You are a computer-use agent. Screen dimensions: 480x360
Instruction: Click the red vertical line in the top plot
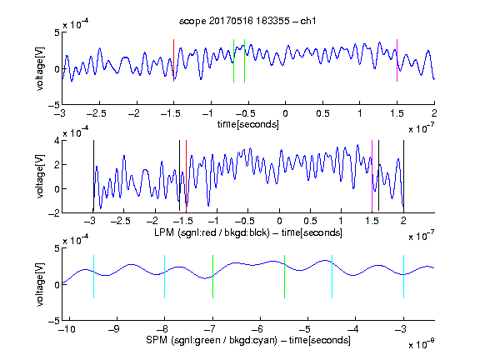(173, 60)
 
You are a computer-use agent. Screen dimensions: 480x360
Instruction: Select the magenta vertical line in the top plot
(397, 60)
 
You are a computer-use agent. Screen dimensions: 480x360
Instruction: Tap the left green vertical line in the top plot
(233, 61)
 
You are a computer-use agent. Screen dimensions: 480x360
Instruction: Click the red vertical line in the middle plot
(186, 176)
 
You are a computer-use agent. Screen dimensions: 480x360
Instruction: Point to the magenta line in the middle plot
(372, 176)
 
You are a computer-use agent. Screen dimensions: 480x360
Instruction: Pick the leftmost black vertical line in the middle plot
(93, 176)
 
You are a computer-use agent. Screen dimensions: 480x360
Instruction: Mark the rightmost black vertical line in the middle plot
(403, 176)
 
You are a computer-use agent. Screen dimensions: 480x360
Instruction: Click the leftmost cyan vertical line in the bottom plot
(93, 277)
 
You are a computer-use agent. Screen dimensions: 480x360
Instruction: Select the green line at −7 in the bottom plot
(212, 277)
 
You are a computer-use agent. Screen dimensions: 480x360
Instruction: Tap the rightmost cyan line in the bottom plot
(403, 277)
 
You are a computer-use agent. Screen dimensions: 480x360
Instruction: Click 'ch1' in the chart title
(308, 21)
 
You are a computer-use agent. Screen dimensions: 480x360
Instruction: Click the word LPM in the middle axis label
(164, 232)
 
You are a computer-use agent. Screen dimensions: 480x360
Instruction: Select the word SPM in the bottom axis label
(157, 340)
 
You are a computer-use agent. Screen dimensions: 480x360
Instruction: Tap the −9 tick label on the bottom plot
(114, 329)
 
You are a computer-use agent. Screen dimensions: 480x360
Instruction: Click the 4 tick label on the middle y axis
(57, 141)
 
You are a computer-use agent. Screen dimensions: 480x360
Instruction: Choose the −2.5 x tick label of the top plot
(96, 113)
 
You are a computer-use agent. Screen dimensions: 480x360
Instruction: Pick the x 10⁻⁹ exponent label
(421, 344)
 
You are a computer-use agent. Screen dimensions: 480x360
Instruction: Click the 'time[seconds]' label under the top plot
(248, 124)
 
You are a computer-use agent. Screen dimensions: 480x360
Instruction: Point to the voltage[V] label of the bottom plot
(40, 284)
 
